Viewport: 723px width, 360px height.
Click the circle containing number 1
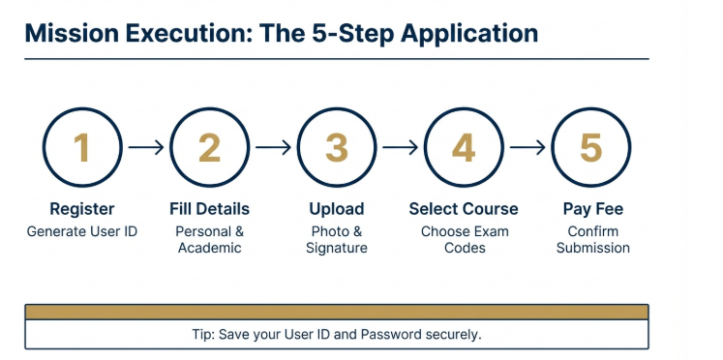(82, 148)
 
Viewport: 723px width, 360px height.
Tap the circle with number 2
(209, 148)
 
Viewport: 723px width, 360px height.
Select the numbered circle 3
(337, 148)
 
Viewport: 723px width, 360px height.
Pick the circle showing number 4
(464, 148)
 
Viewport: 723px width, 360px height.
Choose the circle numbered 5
(590, 148)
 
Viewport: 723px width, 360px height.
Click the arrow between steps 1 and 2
(145, 148)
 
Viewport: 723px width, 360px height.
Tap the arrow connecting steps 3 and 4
(400, 148)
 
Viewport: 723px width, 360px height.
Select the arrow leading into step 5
(527, 148)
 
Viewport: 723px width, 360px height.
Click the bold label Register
(82, 209)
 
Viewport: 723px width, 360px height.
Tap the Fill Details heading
(209, 209)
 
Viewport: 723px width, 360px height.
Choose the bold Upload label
(337, 209)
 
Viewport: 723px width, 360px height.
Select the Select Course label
(464, 209)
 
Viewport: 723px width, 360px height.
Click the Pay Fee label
(592, 209)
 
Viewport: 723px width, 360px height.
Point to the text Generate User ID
(82, 231)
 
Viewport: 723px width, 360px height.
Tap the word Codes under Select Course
(464, 248)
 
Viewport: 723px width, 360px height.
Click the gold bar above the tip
(336, 312)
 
